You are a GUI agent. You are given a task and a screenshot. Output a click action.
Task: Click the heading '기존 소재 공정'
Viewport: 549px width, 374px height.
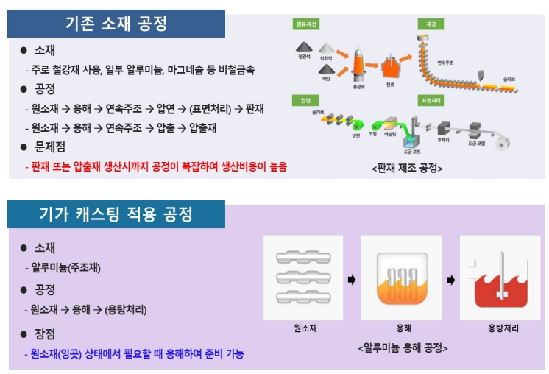click(115, 24)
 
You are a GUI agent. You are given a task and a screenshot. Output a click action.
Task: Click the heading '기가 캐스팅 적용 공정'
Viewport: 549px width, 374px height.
click(116, 214)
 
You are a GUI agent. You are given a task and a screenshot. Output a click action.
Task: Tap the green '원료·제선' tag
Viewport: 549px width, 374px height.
click(306, 24)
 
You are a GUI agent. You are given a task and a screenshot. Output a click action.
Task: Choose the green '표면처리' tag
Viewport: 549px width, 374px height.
click(431, 99)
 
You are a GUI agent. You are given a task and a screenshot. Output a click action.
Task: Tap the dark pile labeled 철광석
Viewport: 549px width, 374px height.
click(305, 49)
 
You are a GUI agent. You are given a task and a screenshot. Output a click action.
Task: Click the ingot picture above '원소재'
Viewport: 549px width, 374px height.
click(303, 278)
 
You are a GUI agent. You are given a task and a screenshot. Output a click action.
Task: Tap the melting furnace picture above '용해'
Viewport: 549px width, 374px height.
click(401, 278)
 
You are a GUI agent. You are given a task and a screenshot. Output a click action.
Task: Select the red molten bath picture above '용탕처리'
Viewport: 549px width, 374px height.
click(500, 278)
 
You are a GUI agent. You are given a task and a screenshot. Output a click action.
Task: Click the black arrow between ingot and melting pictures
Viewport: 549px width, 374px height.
click(352, 280)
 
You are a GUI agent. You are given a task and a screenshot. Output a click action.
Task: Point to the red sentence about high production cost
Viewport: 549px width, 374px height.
click(155, 167)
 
